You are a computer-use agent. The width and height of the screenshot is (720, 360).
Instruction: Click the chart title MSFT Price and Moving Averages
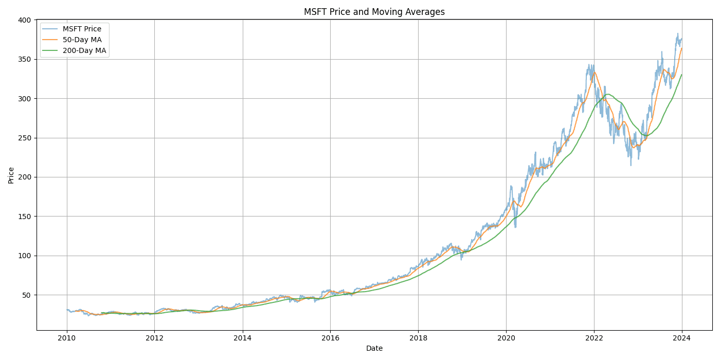point(374,12)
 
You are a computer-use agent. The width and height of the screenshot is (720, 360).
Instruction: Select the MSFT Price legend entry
point(82,29)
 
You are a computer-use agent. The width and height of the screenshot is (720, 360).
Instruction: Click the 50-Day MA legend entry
point(82,40)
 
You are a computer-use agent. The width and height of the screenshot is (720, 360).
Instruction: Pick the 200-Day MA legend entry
point(84,50)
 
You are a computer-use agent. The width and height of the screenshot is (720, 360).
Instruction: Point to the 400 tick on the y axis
point(25,20)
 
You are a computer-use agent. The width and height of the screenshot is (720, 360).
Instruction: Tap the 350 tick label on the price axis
point(25,59)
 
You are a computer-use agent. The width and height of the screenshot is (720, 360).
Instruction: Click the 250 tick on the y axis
point(25,138)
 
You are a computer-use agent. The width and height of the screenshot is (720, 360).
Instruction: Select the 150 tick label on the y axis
point(25,217)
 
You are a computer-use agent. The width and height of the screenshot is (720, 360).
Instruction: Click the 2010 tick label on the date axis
point(67,338)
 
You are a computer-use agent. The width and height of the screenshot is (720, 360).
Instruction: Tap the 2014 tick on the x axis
point(243,338)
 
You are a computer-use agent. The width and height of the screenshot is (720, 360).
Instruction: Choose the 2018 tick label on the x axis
point(418,338)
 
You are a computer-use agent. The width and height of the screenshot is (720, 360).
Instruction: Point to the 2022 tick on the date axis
point(594,338)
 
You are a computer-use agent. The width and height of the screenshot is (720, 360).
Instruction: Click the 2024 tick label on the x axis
point(682,338)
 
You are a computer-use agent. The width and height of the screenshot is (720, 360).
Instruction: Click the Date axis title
point(374,349)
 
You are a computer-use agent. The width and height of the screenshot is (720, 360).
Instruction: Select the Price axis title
point(11,175)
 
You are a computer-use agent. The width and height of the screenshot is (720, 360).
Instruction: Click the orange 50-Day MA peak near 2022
point(595,72)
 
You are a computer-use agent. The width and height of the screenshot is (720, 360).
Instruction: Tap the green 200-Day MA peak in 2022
point(608,94)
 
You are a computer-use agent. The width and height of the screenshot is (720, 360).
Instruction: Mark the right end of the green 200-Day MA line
point(682,75)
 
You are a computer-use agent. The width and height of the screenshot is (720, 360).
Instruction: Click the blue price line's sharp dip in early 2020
point(515,227)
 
